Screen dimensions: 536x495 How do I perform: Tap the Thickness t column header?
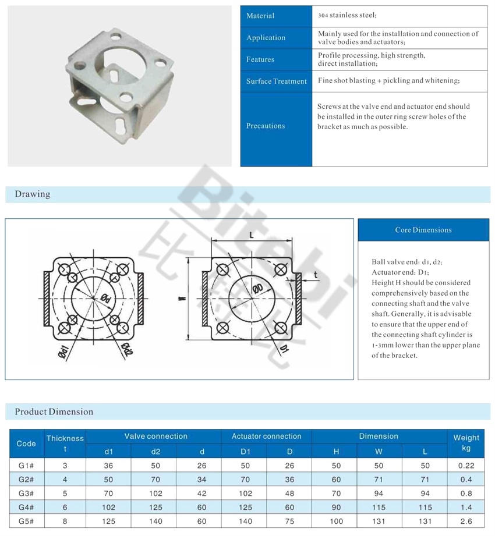pyautogui.click(x=65, y=443)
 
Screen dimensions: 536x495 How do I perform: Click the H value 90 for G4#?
pyautogui.click(x=336, y=507)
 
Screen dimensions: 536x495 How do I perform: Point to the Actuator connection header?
pyautogui.click(x=266, y=436)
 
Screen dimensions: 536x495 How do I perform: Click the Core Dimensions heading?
pyautogui.click(x=423, y=230)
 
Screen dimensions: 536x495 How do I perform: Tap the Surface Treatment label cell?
pyautogui.click(x=276, y=81)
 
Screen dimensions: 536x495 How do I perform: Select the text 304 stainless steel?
pyautogui.click(x=348, y=16)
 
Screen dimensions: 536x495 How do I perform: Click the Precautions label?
pyautogui.click(x=266, y=126)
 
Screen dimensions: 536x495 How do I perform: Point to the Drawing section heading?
pyautogui.click(x=33, y=194)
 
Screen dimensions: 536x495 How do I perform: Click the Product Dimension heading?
pyautogui.click(x=54, y=411)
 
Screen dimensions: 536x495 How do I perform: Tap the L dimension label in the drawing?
pyautogui.click(x=250, y=235)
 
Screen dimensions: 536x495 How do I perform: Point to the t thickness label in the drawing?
pyautogui.click(x=315, y=274)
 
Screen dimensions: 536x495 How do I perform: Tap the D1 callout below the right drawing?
pyautogui.click(x=284, y=348)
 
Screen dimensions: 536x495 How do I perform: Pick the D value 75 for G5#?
pyautogui.click(x=289, y=521)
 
